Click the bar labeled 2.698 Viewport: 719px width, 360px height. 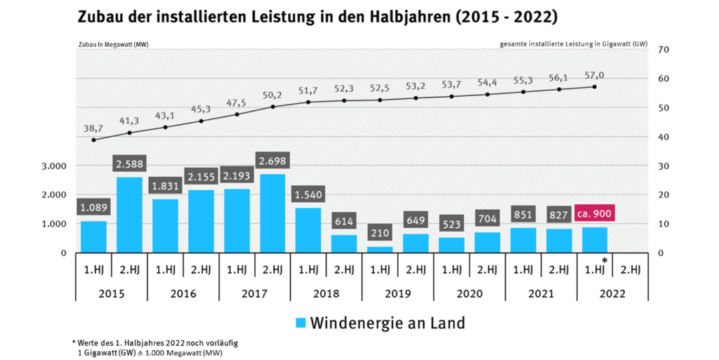pos(272,213)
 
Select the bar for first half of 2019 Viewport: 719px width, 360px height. pos(379,249)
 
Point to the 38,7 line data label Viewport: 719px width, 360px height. pos(93,129)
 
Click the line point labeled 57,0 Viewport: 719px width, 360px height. pos(594,87)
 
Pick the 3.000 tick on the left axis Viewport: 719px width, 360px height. pos(54,166)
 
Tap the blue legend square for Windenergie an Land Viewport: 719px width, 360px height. pos(301,323)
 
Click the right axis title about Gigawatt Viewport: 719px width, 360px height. pos(574,44)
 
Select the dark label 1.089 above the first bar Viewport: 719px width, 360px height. pos(93,208)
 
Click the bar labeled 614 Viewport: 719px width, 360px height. pos(343,244)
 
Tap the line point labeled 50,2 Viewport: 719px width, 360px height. pos(272,107)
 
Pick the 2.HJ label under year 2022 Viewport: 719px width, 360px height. pos(630,269)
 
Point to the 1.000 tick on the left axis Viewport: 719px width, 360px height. pos(54,224)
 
